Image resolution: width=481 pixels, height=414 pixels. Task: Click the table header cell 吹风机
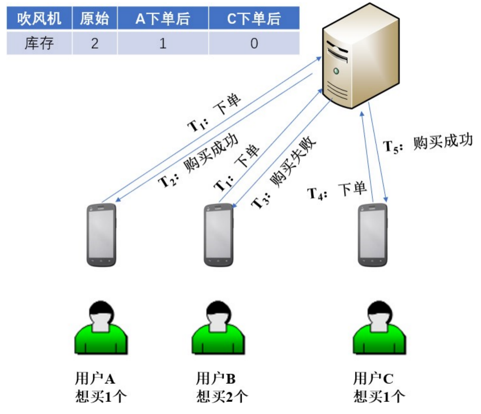39,18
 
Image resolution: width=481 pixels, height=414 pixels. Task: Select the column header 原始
95,18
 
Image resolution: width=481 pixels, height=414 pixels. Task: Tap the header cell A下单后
163,18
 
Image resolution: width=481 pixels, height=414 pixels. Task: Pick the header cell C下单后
254,18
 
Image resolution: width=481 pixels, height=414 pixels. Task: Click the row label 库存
39,43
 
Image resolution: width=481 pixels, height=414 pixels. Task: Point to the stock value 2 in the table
95,43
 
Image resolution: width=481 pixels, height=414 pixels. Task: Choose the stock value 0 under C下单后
254,43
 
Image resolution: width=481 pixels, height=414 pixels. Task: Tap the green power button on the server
336,71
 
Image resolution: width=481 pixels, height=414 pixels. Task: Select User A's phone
101,235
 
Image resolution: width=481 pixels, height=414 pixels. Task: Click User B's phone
219,235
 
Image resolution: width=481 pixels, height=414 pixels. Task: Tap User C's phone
373,235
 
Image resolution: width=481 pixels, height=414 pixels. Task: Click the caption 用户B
216,378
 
